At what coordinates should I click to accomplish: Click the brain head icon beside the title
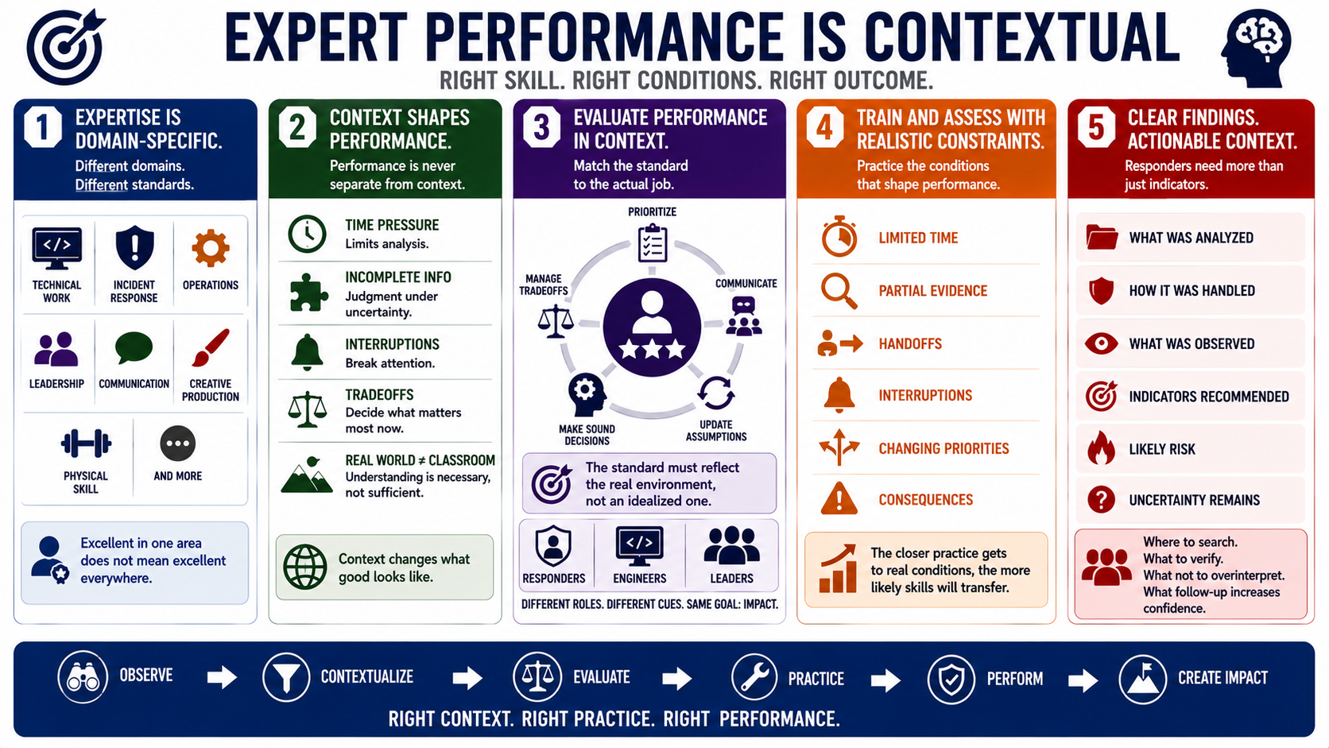click(1256, 48)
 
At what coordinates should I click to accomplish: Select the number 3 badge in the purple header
click(541, 127)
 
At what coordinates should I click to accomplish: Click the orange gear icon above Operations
click(211, 247)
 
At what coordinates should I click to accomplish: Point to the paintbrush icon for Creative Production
click(211, 347)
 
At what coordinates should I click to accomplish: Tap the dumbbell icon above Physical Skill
click(85, 443)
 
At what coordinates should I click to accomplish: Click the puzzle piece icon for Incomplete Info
click(308, 293)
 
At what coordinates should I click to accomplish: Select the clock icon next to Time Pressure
click(307, 234)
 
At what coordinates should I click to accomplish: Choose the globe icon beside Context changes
click(305, 567)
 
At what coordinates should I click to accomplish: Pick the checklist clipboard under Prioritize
click(652, 242)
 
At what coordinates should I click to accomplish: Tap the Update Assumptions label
click(716, 431)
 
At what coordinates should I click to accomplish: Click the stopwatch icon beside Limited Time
click(839, 236)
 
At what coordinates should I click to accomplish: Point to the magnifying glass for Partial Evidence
click(839, 291)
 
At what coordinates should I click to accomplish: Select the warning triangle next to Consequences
click(839, 498)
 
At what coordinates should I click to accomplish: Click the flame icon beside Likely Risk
click(1101, 448)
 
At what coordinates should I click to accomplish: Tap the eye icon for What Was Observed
click(1101, 344)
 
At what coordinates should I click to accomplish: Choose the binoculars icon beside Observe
click(83, 676)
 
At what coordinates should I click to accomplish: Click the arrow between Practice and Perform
click(885, 680)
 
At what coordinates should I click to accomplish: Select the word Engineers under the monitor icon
click(640, 579)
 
